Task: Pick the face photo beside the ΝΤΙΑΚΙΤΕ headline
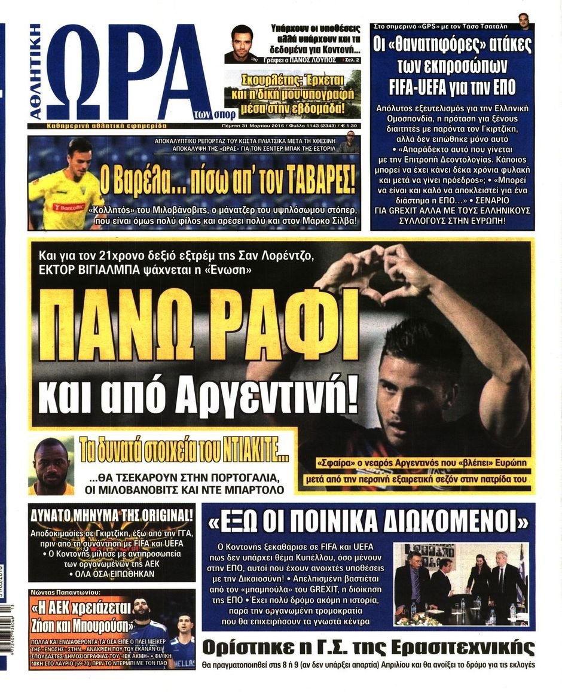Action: click(52, 467)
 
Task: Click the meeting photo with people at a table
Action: click(460, 583)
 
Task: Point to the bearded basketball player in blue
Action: click(145, 622)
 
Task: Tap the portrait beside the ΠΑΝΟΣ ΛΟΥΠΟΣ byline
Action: click(242, 44)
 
